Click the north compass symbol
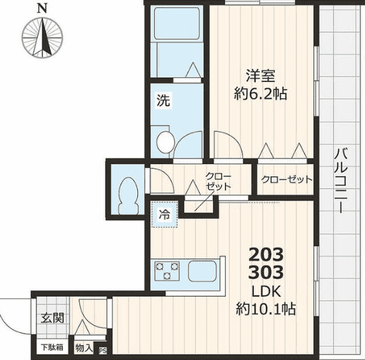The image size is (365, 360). pos(42,38)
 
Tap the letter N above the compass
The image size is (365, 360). pos(42,9)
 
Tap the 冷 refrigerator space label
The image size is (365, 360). pos(164,215)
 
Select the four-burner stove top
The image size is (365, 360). pos(168,272)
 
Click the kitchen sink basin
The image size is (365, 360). pos(204,272)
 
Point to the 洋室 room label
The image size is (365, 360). pos(261,75)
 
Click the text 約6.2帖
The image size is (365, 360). pos(261,94)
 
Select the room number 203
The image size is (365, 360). pos(267,256)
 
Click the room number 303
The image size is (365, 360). pos(267,273)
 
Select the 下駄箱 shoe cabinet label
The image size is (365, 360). pos(51,348)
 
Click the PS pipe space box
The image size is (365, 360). pos(103,351)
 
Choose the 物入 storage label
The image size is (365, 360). pos(84,348)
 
